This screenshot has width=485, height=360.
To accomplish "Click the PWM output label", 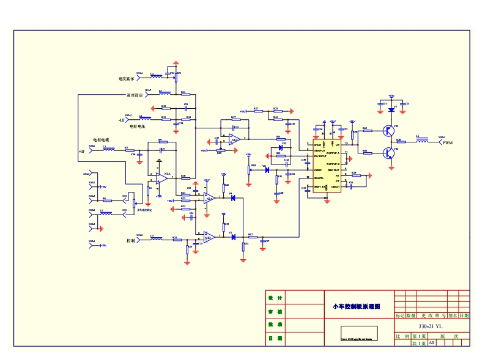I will [x=447, y=143].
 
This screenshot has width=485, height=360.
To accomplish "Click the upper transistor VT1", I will [x=388, y=130].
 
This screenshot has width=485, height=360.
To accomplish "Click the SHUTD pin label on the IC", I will [x=319, y=178].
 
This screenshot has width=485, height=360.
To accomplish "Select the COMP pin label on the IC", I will [x=318, y=170].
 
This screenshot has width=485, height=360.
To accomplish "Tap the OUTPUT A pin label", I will [x=332, y=153].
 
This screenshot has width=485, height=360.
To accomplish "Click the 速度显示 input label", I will [x=127, y=79].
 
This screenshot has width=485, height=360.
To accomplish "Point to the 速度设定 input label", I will [x=135, y=95].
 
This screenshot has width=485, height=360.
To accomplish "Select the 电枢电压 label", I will [x=136, y=127].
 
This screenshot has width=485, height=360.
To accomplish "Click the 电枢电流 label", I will [x=101, y=140].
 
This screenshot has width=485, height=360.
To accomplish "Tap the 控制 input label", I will [x=130, y=241].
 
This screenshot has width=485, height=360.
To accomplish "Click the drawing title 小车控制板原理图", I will [x=356, y=306].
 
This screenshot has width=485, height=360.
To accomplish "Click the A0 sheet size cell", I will [x=431, y=343].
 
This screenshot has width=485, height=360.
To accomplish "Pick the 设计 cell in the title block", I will [x=275, y=298].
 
